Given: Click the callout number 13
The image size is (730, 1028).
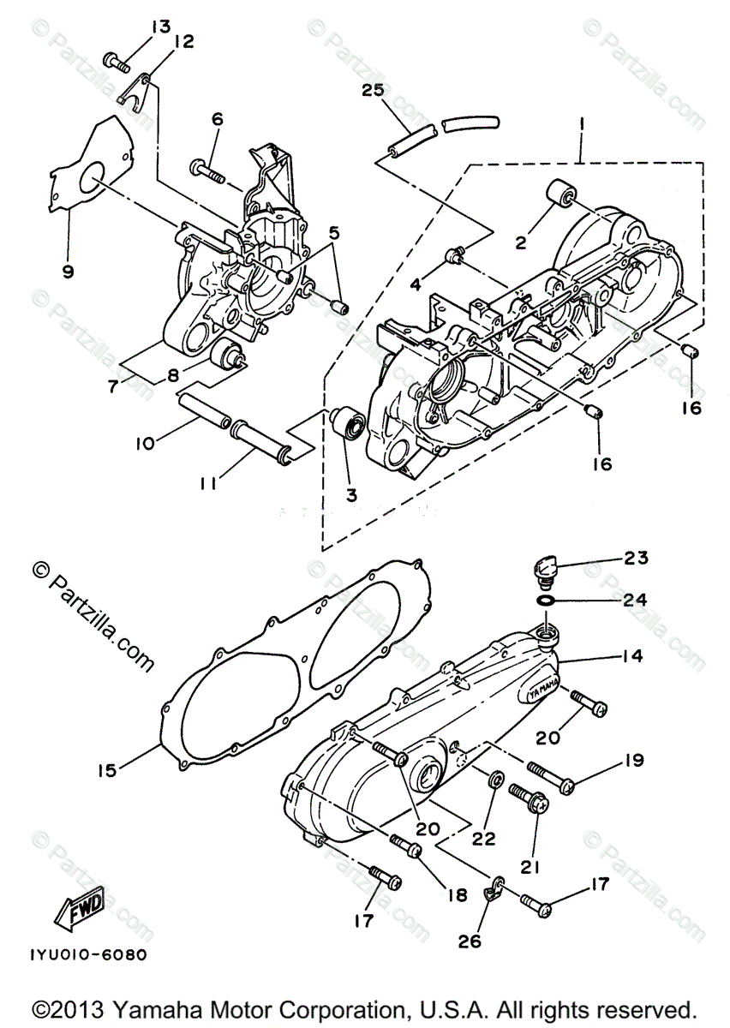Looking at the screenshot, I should (x=160, y=27).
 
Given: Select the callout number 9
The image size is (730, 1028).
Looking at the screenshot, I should (x=68, y=272).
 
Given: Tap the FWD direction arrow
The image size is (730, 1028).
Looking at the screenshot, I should (x=80, y=906).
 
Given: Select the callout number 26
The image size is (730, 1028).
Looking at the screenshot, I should (x=470, y=941).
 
